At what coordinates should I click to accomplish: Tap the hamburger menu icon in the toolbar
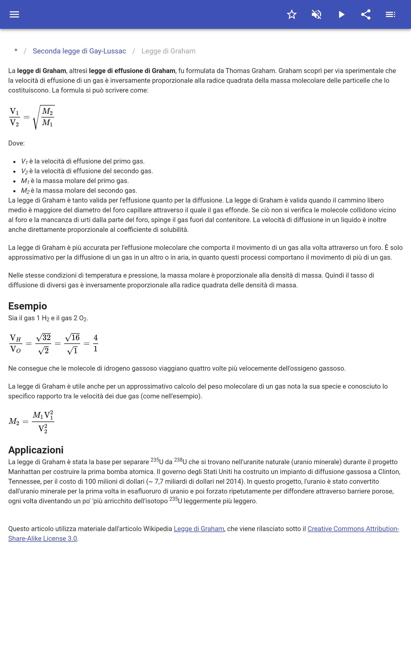(14, 14)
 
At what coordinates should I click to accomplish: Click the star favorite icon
(292, 14)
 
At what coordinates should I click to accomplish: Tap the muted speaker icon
(316, 14)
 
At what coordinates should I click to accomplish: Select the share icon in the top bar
(366, 14)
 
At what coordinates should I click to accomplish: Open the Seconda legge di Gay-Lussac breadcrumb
(79, 51)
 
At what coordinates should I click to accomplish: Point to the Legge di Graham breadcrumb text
(168, 51)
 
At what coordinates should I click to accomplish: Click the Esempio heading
(27, 306)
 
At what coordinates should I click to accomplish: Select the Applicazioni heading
(36, 450)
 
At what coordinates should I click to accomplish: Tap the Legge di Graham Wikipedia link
(199, 529)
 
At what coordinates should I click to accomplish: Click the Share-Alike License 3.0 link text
(43, 539)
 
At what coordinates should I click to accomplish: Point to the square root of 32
(43, 337)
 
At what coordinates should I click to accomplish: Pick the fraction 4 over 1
(95, 343)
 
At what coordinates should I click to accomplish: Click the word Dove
(16, 143)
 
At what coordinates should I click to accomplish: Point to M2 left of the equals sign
(14, 422)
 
